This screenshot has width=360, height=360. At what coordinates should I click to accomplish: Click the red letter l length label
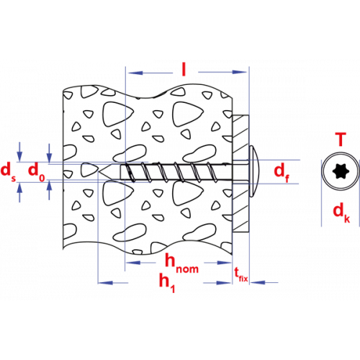[184, 69]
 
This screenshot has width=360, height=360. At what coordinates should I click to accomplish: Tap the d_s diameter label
[9, 171]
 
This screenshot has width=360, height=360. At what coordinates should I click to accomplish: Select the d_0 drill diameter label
[37, 171]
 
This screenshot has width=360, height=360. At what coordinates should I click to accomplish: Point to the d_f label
[282, 172]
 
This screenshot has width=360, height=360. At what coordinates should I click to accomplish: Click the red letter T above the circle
[341, 139]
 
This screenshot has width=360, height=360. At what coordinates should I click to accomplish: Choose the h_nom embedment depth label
[181, 264]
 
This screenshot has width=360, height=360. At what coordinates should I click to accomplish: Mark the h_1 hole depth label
[167, 282]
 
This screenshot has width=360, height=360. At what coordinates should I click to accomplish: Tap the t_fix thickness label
[240, 275]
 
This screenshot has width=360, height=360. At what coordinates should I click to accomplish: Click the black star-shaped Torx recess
[341, 171]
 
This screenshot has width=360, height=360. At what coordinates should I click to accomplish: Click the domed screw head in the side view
[254, 171]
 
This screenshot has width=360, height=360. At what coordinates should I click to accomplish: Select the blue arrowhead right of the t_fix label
[258, 282]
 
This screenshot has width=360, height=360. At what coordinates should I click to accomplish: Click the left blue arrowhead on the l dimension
[135, 73]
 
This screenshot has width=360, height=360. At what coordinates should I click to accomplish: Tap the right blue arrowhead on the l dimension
[239, 72]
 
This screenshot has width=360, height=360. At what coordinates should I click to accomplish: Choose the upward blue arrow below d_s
[19, 192]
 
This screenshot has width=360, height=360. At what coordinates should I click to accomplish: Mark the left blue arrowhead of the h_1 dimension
[105, 283]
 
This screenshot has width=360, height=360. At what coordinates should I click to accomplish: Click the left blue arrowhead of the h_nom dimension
[133, 263]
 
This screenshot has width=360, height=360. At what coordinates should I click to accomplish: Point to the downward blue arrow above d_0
[49, 153]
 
